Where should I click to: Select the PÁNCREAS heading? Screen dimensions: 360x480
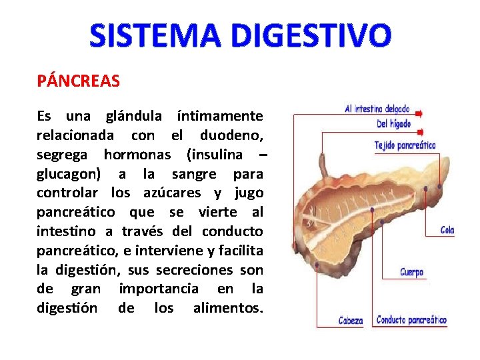point(79,81)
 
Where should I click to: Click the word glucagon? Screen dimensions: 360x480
point(69,175)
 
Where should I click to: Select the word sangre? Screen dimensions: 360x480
point(194,175)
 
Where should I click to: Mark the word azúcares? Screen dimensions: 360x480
point(171,193)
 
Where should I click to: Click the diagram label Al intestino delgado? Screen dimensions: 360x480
point(377,109)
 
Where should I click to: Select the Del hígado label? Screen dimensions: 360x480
point(393,123)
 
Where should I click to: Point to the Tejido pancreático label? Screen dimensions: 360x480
point(405,145)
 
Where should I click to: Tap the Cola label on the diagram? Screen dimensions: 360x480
point(447,230)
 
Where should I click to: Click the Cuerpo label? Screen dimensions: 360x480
point(411,272)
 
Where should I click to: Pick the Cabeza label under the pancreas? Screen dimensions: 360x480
point(350,321)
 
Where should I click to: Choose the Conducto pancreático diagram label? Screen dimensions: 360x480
point(411,320)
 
